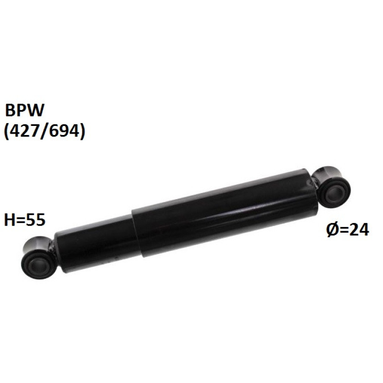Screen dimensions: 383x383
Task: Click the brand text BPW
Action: point(24,110)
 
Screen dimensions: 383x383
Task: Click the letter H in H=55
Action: point(10,220)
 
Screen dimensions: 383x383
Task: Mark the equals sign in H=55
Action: point(21,220)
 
